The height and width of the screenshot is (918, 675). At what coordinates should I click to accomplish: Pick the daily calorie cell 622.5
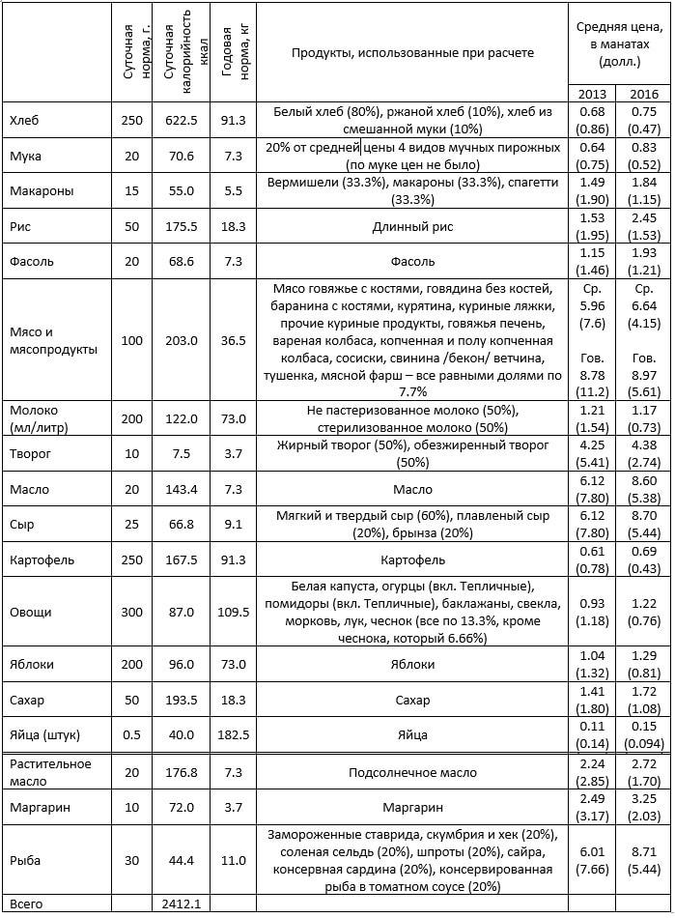(181, 121)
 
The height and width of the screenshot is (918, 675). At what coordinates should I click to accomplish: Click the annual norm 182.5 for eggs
(234, 735)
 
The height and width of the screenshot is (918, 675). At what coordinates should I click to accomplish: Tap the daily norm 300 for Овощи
(131, 613)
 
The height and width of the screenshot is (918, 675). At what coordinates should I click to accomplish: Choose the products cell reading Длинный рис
(412, 227)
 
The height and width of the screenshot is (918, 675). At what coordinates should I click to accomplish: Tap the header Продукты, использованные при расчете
(412, 52)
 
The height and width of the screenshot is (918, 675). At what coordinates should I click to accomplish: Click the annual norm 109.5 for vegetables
(234, 613)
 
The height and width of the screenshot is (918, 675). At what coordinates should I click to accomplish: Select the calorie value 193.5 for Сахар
(181, 700)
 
